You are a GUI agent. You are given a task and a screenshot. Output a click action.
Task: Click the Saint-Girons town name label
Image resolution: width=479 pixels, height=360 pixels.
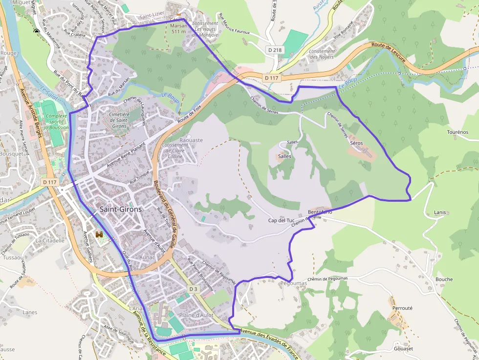click(121, 209)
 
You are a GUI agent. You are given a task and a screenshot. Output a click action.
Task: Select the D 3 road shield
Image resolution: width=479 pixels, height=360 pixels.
click(193, 289)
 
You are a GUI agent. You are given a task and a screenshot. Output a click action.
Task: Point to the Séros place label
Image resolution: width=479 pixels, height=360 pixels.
click(357, 143)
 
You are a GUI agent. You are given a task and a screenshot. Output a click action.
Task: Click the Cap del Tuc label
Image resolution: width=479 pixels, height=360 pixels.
click(280, 220)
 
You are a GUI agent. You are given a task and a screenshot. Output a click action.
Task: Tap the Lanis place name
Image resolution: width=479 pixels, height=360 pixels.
click(440, 212)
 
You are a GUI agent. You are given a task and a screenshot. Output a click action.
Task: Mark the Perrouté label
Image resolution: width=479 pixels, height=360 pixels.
click(402, 308)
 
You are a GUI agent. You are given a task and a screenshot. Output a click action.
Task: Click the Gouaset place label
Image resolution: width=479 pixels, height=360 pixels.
click(403, 348)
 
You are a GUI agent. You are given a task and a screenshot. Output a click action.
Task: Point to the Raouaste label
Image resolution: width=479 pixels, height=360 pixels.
click(191, 140)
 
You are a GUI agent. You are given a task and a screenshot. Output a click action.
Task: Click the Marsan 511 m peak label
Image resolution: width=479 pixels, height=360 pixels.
click(178, 28)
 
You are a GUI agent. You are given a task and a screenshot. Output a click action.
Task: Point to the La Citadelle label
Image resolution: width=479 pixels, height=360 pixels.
click(50, 240)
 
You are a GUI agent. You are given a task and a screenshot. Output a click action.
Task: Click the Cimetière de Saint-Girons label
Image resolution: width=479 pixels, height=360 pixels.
click(119, 120)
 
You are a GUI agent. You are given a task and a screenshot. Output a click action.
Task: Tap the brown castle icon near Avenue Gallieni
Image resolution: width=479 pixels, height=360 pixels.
click(100, 235)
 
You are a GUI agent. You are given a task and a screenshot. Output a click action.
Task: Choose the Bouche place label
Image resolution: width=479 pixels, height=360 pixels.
click(444, 279)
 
